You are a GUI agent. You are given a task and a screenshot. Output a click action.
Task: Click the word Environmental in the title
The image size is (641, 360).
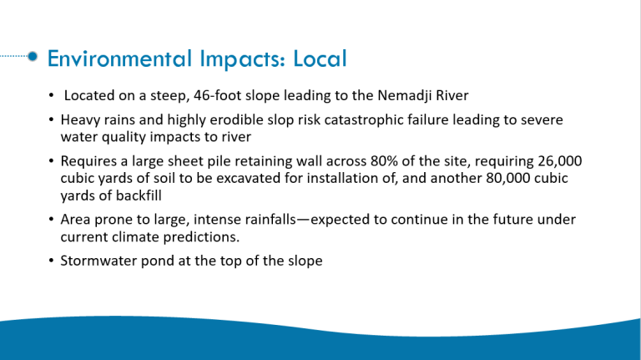tap(120, 58)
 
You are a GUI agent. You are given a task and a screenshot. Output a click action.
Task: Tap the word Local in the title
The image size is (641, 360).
tap(320, 58)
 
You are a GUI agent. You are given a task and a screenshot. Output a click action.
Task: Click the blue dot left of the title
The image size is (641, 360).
tap(33, 56)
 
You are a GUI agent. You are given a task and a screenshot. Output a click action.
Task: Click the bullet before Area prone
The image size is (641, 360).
tap(51, 220)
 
